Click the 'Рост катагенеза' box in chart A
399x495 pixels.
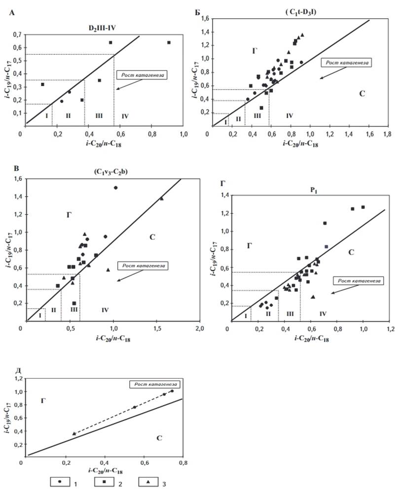[x=142, y=75]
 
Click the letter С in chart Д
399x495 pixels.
[x=159, y=438]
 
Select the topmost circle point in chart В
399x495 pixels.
[x=115, y=188]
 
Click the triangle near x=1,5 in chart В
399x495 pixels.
[x=162, y=198]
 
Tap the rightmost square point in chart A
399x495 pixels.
[x=169, y=42]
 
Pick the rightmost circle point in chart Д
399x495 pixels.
[x=172, y=391]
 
